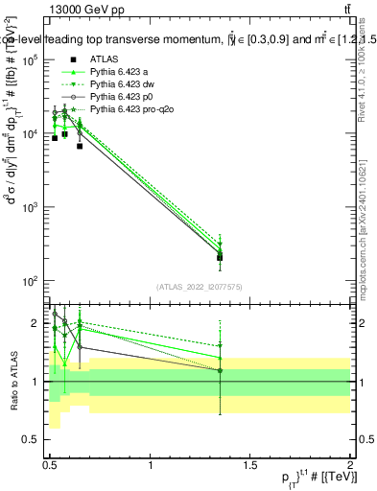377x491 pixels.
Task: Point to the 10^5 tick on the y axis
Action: [33, 59]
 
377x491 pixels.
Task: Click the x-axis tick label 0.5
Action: [51, 465]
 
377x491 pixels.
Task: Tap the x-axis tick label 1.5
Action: [251, 465]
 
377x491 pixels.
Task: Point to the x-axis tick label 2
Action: [351, 465]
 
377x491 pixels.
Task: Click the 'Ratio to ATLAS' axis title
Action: [12, 381]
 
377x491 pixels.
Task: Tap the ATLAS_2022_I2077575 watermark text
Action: [200, 286]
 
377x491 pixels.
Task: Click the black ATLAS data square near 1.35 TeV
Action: [221, 257]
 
